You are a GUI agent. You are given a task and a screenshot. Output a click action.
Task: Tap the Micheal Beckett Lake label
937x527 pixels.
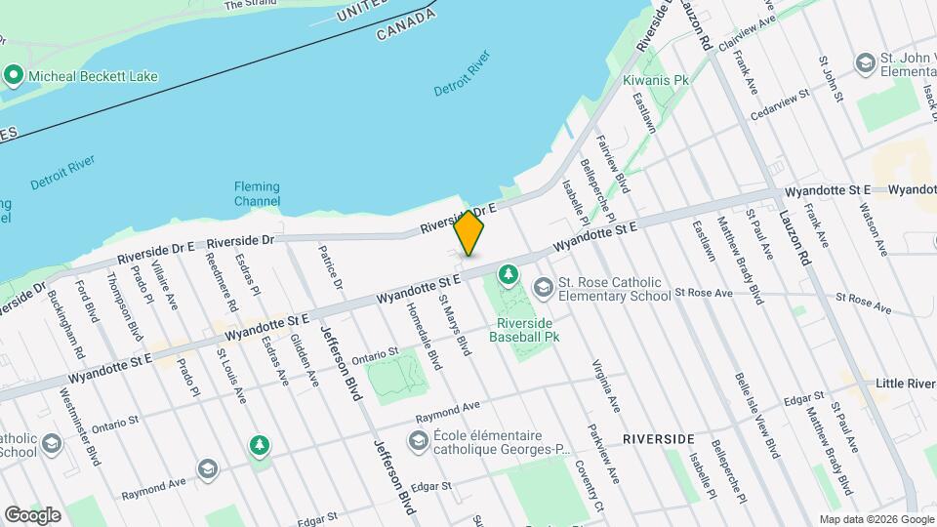tap(94, 75)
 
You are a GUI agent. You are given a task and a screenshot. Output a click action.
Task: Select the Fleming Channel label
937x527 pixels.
tap(257, 194)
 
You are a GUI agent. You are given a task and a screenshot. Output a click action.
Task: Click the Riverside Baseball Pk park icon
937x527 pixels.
tap(508, 275)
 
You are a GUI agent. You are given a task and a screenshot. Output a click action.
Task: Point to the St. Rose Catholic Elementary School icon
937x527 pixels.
tap(543, 286)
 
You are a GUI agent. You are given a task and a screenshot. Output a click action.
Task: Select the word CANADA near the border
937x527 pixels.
tap(405, 26)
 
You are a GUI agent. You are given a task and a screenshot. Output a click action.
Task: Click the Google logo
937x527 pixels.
tap(32, 514)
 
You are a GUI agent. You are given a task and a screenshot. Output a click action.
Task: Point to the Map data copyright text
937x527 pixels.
tap(876, 519)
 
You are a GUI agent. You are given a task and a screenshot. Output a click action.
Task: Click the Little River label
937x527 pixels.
tap(906, 384)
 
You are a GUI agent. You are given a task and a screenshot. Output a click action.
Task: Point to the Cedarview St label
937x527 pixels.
tap(781, 104)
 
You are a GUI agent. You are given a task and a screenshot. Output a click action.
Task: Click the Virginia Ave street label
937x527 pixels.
tap(605, 385)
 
